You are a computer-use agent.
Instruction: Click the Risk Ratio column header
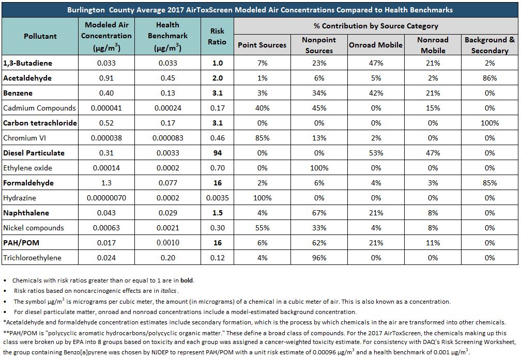(x=217, y=36)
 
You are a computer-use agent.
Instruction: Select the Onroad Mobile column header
(x=376, y=45)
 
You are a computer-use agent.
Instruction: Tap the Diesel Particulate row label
(x=34, y=153)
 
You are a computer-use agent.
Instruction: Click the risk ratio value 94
(x=217, y=153)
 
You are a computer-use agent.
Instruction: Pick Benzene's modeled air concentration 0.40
(x=106, y=93)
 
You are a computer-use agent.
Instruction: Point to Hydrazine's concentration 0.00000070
(x=106, y=198)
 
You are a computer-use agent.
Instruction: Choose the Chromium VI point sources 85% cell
(x=262, y=138)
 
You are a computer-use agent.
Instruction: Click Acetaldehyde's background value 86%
(x=490, y=78)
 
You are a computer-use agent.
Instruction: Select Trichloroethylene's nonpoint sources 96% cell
(x=319, y=258)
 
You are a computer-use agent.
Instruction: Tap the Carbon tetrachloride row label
(x=40, y=123)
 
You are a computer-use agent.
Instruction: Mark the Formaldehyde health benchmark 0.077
(x=168, y=183)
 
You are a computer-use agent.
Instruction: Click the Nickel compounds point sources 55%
(x=262, y=228)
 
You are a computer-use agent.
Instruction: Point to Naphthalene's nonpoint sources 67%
(x=319, y=213)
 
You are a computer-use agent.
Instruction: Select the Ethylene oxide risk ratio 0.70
(x=217, y=168)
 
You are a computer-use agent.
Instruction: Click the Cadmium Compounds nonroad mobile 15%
(x=433, y=108)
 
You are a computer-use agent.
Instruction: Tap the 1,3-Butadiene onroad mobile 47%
(x=376, y=63)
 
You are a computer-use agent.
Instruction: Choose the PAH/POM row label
(x=21, y=243)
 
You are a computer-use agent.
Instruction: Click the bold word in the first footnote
(x=187, y=280)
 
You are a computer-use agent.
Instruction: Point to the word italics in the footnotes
(x=168, y=291)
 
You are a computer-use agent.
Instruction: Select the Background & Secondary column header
(x=490, y=45)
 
